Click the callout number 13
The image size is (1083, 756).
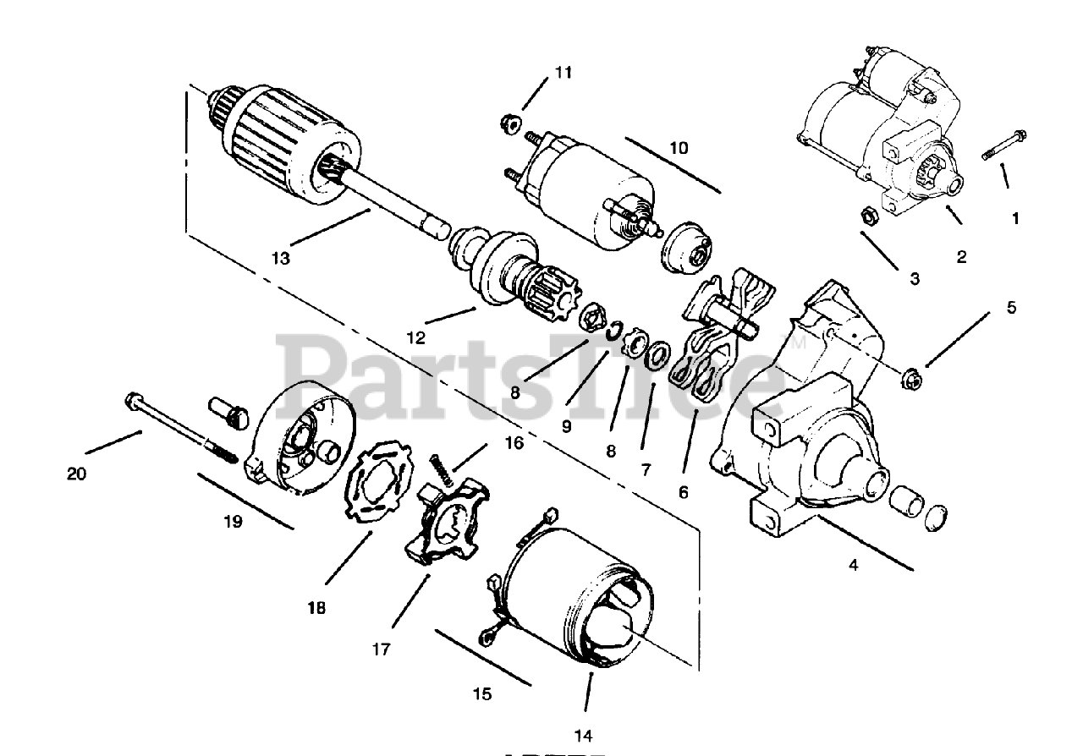(x=280, y=258)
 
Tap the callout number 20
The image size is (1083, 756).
(x=76, y=474)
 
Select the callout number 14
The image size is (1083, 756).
(x=585, y=734)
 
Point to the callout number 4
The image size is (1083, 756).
(x=853, y=565)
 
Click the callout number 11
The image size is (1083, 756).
(x=563, y=73)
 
